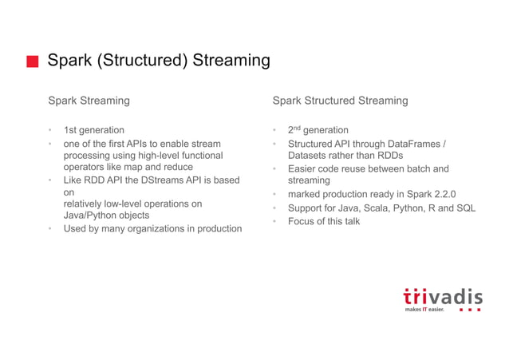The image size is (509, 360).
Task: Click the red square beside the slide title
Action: [x=32, y=62]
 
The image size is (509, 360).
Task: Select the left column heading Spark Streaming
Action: [x=89, y=101]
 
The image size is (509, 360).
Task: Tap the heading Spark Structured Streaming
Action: [x=340, y=101]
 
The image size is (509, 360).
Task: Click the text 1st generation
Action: [x=94, y=130]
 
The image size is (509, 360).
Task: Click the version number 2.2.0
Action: [x=440, y=194]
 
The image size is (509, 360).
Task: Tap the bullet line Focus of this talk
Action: [x=324, y=221]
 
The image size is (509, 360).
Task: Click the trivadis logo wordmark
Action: [x=442, y=296]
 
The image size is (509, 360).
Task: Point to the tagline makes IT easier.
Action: [x=424, y=310]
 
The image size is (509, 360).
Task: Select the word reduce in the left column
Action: [x=177, y=168]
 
